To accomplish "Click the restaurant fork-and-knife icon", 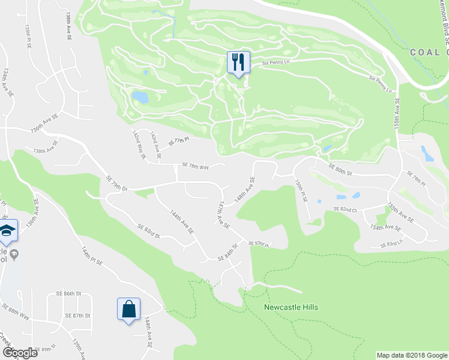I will coord(238,62).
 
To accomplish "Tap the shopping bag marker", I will coord(128,309).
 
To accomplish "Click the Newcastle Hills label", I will coord(291,307).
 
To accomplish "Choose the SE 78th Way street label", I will coord(195,167).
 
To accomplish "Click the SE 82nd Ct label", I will coord(345,209).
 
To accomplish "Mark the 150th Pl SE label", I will coord(301,188).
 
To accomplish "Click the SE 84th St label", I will coord(228,251).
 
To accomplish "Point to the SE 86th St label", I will coord(68,293).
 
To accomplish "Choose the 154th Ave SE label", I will coord(385,227).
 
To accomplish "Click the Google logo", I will coord(20,353).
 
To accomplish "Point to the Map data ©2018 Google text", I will coord(412,355).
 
